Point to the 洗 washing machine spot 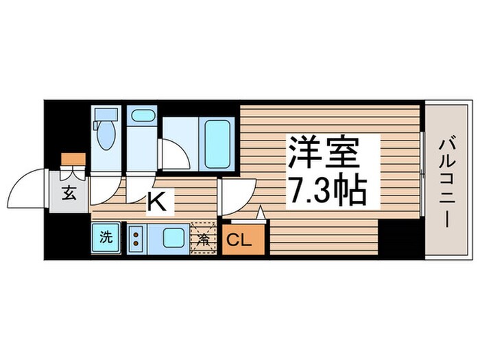point(106,239)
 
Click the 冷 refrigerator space point(204,239)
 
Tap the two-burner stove point(135,239)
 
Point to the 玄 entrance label point(69,192)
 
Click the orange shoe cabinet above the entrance point(73,160)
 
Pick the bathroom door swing point(173,155)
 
